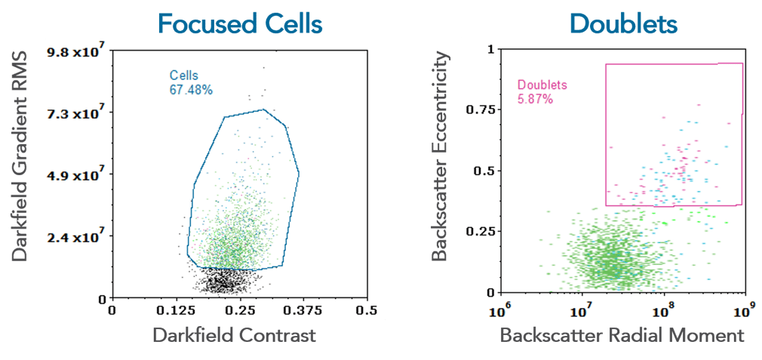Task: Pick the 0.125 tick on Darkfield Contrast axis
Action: click(175, 310)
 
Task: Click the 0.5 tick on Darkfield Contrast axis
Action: click(367, 310)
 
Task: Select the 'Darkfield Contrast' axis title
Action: click(234, 335)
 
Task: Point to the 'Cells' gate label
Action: click(183, 75)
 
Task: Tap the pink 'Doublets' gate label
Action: click(542, 85)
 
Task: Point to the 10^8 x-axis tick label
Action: click(662, 310)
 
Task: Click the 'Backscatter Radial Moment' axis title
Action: click(622, 335)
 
